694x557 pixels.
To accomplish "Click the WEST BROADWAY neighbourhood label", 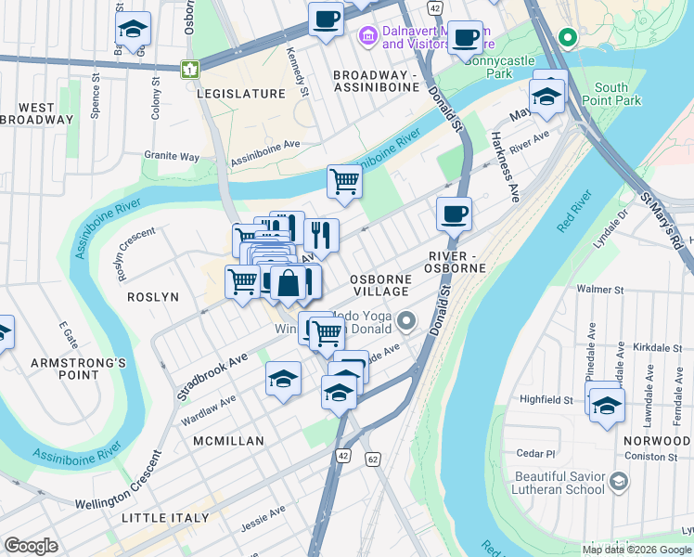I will [x=37, y=113].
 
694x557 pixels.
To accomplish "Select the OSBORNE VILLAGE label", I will [x=380, y=285].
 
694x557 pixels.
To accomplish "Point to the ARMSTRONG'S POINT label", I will [x=78, y=369].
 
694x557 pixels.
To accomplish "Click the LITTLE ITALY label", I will [x=165, y=517].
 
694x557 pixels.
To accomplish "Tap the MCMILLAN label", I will [x=228, y=441].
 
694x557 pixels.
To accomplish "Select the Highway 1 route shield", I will [x=190, y=69].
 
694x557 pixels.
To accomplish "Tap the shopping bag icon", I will [x=289, y=283].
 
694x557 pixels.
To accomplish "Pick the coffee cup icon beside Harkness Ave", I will [x=454, y=214].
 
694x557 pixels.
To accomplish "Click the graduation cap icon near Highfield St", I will [x=607, y=407].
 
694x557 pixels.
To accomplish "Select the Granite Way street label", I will [x=172, y=157].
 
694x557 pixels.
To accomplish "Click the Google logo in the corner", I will [x=32, y=546].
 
